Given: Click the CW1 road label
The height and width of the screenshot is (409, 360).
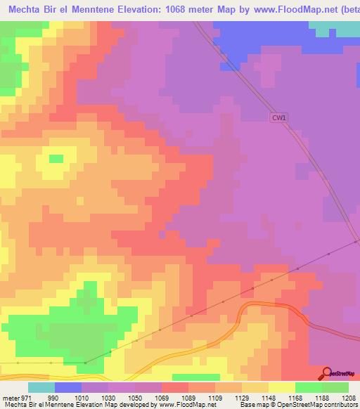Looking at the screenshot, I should tap(278, 118).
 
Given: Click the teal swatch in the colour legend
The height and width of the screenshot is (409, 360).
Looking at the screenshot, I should tap(41, 387).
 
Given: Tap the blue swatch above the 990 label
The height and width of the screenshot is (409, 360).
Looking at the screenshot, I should tap(68, 387).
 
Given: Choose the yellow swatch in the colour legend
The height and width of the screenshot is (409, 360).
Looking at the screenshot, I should tap(281, 387).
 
